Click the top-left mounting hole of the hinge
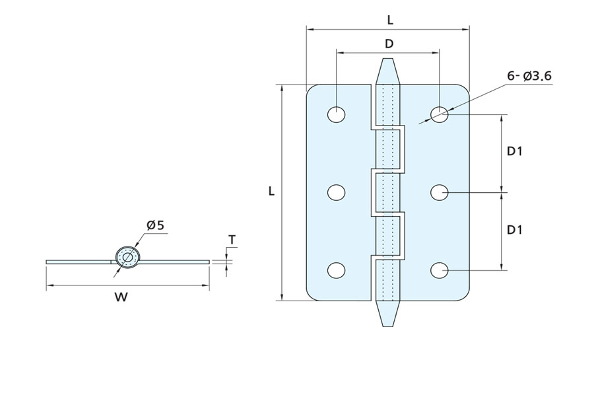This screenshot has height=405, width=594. tap(336, 114)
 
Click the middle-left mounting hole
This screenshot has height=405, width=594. tap(336, 192)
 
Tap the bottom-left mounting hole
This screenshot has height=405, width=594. tap(336, 270)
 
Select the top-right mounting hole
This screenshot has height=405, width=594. tap(440, 114)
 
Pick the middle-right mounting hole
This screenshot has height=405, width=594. tap(440, 192)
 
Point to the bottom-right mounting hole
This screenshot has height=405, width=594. tap(440, 270)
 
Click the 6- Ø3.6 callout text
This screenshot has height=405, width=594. tap(529, 76)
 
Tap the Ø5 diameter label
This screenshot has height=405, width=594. tap(156, 225)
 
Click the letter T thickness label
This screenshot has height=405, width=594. tap(232, 239)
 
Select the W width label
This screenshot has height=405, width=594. tap(121, 297)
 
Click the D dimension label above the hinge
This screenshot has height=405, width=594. tap(389, 44)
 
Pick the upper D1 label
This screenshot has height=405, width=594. tap(515, 151)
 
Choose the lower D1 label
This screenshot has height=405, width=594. tap(515, 230)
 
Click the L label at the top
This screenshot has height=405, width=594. tap(390, 20)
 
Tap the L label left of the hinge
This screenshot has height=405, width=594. tap(271, 192)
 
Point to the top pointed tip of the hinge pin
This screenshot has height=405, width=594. tap(387, 63)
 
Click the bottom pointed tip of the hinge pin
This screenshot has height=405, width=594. tap(387, 321)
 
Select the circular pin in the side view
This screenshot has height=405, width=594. tap(127, 258)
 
